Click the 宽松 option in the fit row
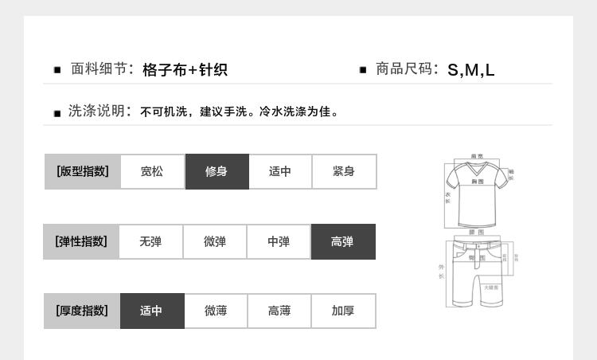click(152, 171)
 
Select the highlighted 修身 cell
click(217, 171)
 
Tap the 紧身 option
click(344, 171)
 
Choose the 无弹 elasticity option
click(150, 241)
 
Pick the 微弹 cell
click(214, 241)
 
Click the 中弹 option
click(279, 241)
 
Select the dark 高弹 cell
click(342, 241)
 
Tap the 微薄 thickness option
click(216, 311)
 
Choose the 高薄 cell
click(279, 311)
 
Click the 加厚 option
click(343, 311)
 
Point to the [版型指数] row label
click(82, 171)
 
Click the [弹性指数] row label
click(80, 241)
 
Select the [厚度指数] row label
click(82, 311)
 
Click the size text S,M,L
click(471, 70)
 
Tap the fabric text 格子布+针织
click(185, 70)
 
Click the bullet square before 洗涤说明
click(57, 113)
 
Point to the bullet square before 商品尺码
click(363, 70)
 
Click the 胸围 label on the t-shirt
click(478, 182)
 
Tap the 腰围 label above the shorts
click(477, 232)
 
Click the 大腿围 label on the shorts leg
click(491, 287)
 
